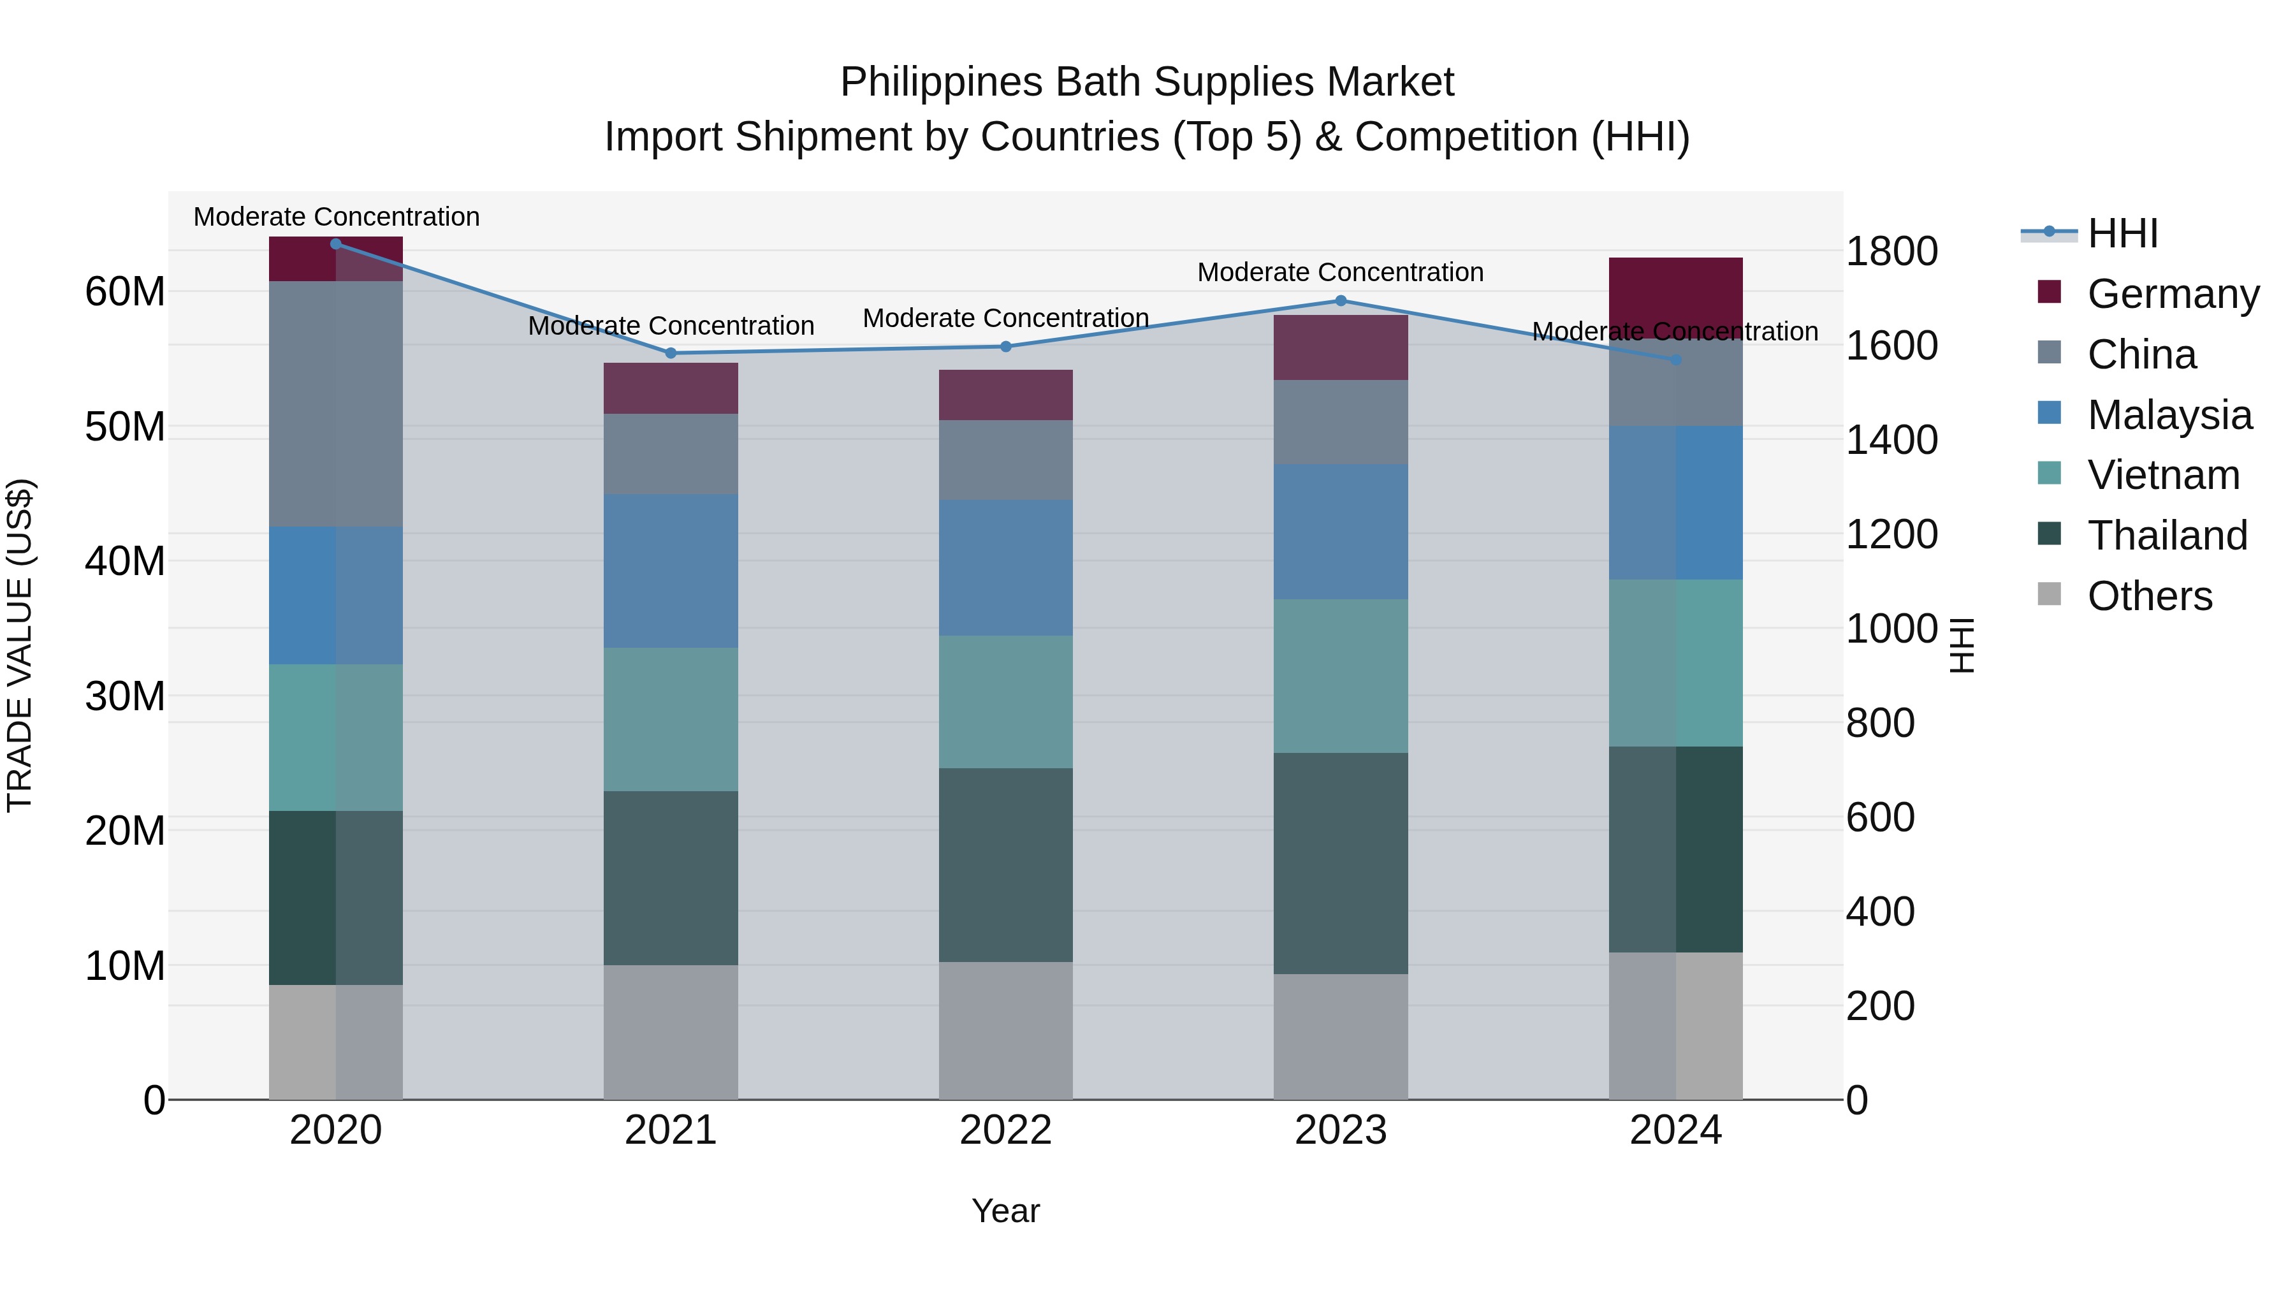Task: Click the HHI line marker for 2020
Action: [x=336, y=244]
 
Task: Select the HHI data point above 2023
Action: [x=1341, y=301]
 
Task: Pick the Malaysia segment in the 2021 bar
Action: [x=671, y=571]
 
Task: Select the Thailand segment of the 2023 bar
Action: [x=1341, y=863]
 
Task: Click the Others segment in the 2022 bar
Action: [x=1006, y=1031]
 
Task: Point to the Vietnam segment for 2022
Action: [x=1006, y=702]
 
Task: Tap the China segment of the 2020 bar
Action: [x=336, y=404]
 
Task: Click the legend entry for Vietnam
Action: [x=2162, y=476]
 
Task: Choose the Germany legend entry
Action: [x=2172, y=294]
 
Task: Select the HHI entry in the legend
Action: [x=2122, y=233]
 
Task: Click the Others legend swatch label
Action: [x=2149, y=596]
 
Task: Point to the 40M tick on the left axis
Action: [x=125, y=561]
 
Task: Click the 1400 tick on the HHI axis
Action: [x=1891, y=440]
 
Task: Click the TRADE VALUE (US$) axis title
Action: [x=20, y=645]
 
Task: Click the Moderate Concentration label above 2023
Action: [x=1340, y=273]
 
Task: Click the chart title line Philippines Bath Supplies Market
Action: [x=1147, y=83]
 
